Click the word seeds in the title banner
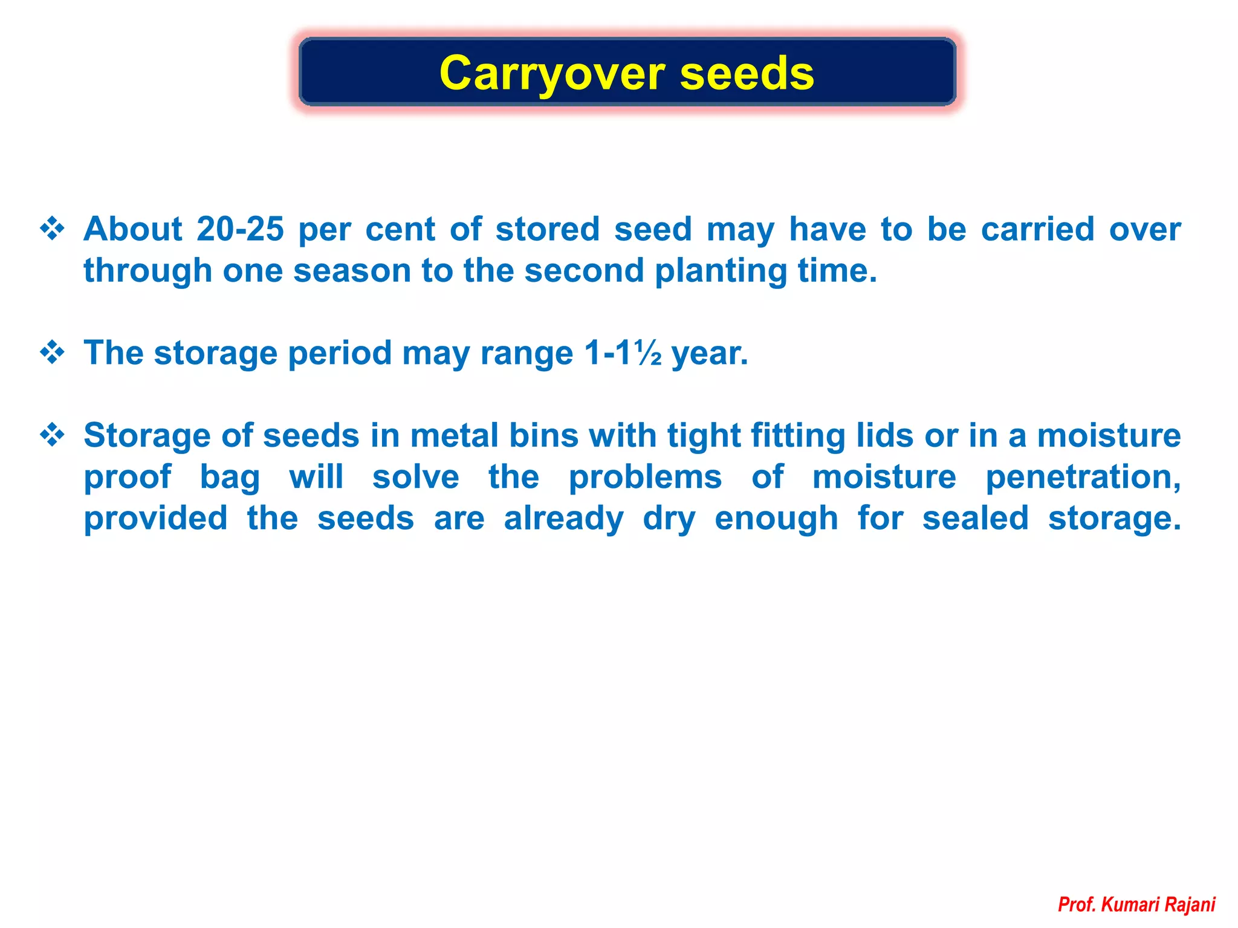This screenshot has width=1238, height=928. tap(747, 74)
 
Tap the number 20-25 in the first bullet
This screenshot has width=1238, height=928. tap(240, 229)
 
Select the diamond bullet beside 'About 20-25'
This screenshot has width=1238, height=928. tap(53, 229)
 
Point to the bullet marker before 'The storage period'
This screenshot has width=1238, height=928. tap(53, 352)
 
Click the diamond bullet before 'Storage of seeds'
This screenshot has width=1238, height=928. tap(53, 435)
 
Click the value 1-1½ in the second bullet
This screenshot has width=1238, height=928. tap(623, 353)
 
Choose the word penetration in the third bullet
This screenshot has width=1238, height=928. tap(1083, 477)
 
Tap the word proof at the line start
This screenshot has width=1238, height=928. tap(128, 477)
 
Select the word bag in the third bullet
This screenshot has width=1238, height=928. tap(230, 477)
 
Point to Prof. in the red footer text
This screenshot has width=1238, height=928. tap(1077, 904)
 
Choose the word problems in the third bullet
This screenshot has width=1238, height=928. tap(645, 477)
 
